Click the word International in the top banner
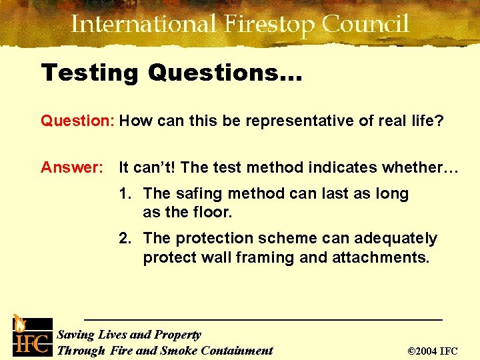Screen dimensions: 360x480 (x=143, y=25)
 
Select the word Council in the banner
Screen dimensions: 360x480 (x=365, y=25)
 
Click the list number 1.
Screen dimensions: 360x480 (x=124, y=194)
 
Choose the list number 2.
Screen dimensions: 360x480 (x=124, y=239)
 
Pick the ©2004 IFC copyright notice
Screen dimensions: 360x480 (x=433, y=351)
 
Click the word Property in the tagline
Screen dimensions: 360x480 (x=177, y=335)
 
